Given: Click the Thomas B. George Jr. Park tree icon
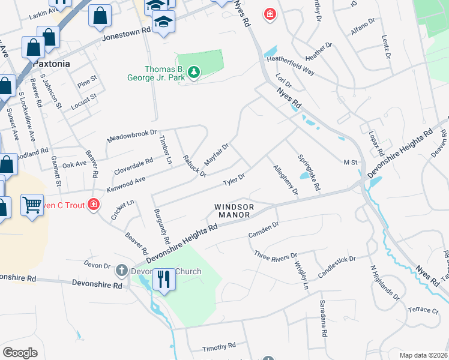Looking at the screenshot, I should [x=193, y=73].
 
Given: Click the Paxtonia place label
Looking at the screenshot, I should [x=52, y=63].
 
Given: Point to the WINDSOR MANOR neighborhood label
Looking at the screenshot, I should [x=235, y=211].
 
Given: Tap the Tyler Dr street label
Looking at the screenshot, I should [x=234, y=179].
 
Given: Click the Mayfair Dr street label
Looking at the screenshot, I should [x=217, y=154].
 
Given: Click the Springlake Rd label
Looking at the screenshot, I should [x=309, y=172].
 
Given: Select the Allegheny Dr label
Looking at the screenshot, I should [x=286, y=180].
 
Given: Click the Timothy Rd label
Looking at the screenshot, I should [x=219, y=347].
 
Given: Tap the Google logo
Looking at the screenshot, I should [x=20, y=353].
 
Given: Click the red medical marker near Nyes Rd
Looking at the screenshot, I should [x=270, y=13].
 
